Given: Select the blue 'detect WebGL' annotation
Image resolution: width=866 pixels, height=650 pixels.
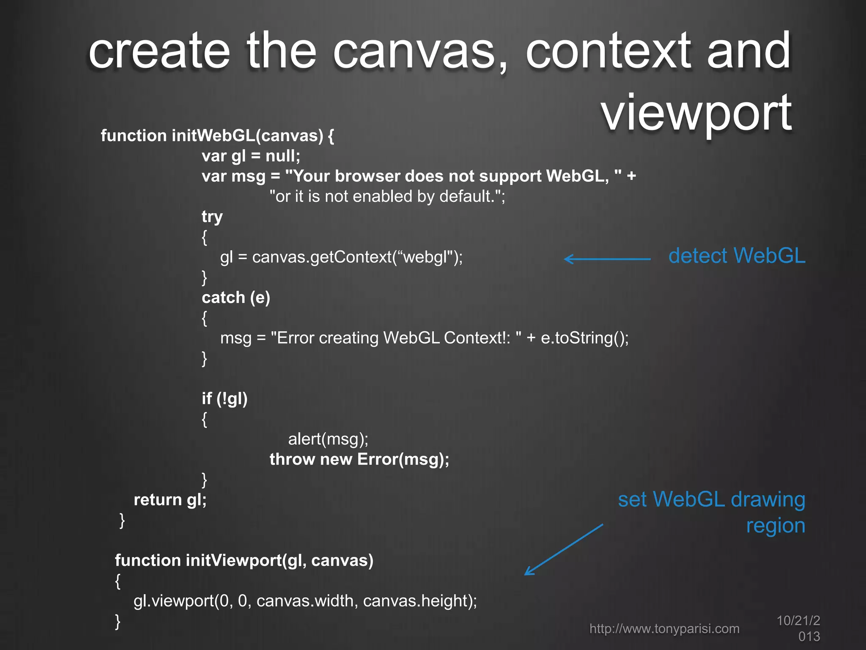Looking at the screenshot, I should tap(737, 256).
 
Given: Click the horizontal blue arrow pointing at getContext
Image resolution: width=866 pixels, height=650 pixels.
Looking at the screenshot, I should tap(607, 259).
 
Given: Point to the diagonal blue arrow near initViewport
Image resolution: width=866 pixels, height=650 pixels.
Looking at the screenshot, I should tap(564, 549).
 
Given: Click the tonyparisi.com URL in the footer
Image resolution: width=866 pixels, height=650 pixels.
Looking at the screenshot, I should tap(664, 628).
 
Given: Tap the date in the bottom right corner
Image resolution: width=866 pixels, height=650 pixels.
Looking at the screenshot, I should tap(798, 628).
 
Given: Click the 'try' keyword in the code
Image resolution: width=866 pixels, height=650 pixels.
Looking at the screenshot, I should tap(212, 217).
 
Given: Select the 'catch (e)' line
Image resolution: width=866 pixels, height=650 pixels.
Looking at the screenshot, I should tap(236, 297).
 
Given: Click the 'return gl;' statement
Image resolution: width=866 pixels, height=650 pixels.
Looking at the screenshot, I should tap(170, 500).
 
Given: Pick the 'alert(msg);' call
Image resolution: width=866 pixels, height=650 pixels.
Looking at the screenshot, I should tap(328, 439).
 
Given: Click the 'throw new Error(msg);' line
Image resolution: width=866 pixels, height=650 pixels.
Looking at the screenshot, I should tap(359, 459).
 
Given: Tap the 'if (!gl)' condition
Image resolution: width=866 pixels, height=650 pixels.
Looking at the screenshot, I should tap(225, 399).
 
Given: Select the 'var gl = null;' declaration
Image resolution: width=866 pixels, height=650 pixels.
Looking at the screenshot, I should tap(251, 156).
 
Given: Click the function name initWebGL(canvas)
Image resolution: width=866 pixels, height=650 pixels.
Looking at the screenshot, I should tap(247, 136).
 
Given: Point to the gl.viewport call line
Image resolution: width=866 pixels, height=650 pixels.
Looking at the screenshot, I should tap(305, 601).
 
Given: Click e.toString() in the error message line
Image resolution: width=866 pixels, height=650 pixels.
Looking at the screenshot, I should tap(584, 338).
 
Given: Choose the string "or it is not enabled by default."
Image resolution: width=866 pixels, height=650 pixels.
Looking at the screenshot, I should tap(387, 196).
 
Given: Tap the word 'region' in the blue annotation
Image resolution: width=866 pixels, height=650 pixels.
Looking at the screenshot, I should tap(776, 526).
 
